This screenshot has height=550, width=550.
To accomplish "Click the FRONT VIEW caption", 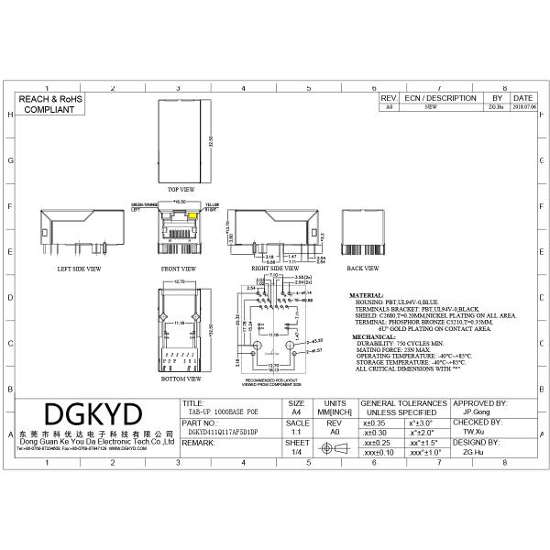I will [179, 269].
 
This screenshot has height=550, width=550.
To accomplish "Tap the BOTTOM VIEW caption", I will [181, 378].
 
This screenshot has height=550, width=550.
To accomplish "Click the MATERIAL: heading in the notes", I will [367, 296].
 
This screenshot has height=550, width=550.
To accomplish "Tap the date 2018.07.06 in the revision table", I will [522, 106].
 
